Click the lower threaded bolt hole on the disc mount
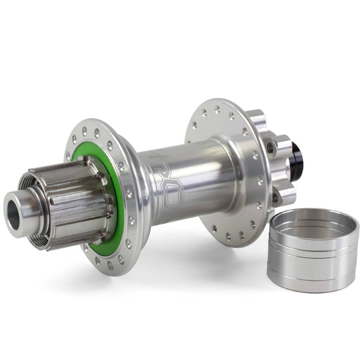coord(275,197)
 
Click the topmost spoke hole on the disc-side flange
coord(217,108)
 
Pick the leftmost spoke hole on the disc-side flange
coord(194,125)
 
